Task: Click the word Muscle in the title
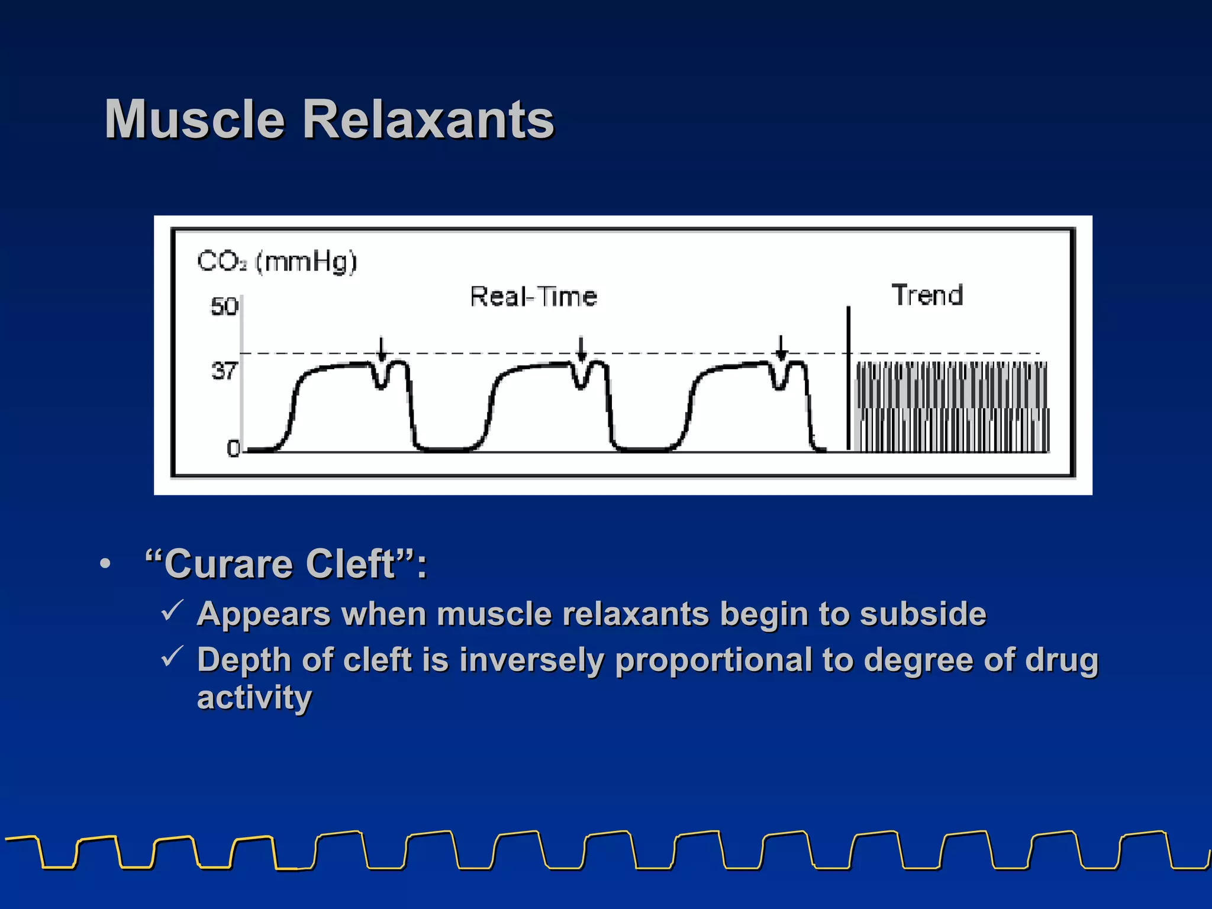(195, 120)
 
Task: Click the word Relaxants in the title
(428, 120)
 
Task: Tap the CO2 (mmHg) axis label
(277, 261)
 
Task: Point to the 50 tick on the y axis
(224, 307)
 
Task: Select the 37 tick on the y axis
(224, 371)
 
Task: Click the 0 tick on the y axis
(233, 449)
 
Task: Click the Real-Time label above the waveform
(533, 296)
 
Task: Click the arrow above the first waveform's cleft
(382, 349)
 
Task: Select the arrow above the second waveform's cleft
(581, 349)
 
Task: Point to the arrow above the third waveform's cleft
(781, 347)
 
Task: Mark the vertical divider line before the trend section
(848, 379)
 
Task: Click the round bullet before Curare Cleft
(105, 564)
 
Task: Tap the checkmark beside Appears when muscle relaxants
(172, 611)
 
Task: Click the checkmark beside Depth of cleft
(172, 656)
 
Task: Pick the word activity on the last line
(254, 698)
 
